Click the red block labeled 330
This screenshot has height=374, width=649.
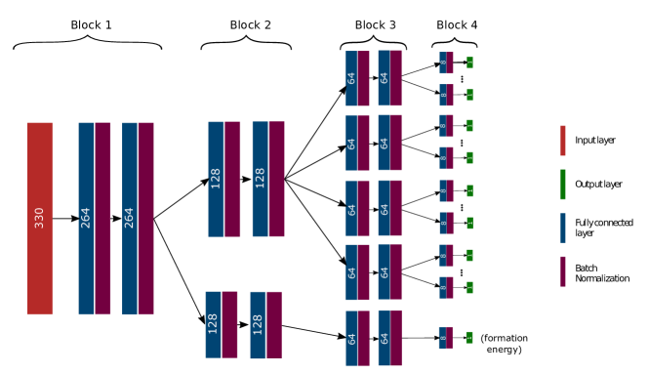pyautogui.click(x=40, y=218)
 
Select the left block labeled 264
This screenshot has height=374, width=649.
pyautogui.click(x=95, y=218)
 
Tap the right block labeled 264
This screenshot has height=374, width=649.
pyautogui.click(x=138, y=218)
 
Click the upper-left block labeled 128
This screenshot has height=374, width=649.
pyautogui.click(x=224, y=179)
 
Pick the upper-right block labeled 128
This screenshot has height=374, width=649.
pyautogui.click(x=268, y=179)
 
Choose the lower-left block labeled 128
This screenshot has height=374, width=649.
pyautogui.click(x=222, y=324)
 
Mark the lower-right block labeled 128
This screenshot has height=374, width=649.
pyautogui.click(x=265, y=324)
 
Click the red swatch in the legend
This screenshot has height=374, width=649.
pyautogui.click(x=562, y=141)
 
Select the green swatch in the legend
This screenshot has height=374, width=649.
pyautogui.click(x=562, y=185)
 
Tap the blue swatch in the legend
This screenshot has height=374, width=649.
pyautogui.click(x=562, y=228)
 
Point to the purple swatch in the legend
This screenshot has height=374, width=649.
pyautogui.click(x=562, y=271)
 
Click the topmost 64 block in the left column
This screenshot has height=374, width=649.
pyautogui.click(x=357, y=78)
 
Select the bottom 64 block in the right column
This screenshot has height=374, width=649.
pyautogui.click(x=389, y=338)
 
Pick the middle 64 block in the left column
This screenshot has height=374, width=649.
pyautogui.click(x=357, y=208)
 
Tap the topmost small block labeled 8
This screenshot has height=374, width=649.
pyautogui.click(x=446, y=62)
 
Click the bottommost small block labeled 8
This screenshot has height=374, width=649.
pyautogui.click(x=445, y=337)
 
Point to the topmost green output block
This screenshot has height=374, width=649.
pyautogui.click(x=469, y=62)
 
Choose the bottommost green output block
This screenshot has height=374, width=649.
pyautogui.click(x=469, y=337)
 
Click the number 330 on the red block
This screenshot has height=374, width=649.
pyautogui.click(x=40, y=217)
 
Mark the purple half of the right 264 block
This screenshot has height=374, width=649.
pyautogui.click(x=145, y=218)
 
